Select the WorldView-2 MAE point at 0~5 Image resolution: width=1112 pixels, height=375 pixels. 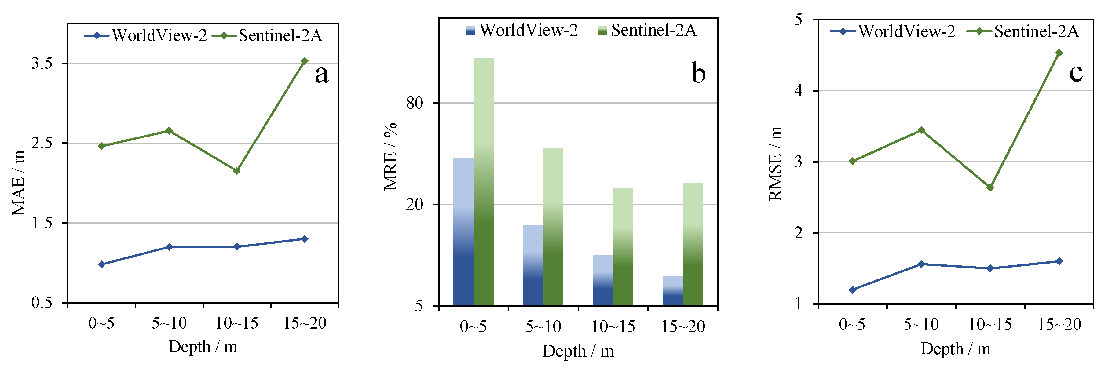point(102,264)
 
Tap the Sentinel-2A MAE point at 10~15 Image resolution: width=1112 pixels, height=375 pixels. point(236,171)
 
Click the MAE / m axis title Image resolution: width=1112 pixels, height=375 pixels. point(18,183)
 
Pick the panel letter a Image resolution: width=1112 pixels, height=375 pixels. point(322,74)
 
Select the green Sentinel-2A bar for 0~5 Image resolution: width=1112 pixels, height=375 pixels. point(484,181)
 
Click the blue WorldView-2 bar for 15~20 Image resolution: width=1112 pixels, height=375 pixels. point(673,290)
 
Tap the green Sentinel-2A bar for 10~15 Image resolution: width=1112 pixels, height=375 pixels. point(623,246)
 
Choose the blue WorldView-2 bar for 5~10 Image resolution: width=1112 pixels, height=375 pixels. point(533,265)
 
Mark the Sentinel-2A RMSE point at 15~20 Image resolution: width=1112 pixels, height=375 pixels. point(1059,53)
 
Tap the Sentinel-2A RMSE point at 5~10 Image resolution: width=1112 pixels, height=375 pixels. point(921,130)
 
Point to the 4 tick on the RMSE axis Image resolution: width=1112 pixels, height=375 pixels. point(798,91)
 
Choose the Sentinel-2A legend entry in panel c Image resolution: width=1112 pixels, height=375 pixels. point(1023,31)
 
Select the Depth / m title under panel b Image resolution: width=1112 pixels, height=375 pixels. point(578,351)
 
